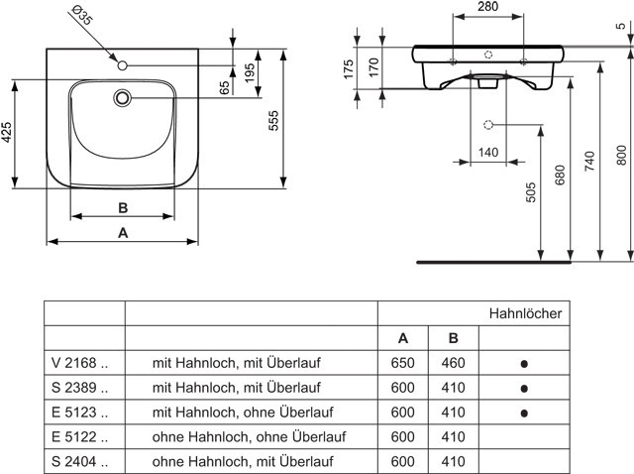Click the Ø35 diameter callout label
[81, 15]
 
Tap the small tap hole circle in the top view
[123, 65]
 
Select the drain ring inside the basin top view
[122, 98]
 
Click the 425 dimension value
[7, 132]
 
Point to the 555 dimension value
[273, 121]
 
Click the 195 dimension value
[250, 72]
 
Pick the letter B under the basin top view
[123, 208]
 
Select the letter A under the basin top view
[123, 233]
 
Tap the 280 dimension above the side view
[488, 7]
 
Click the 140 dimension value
[488, 153]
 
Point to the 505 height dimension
[531, 192]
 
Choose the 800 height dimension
[621, 156]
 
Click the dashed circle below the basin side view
[488, 125]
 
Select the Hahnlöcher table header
[525, 313]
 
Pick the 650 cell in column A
[403, 363]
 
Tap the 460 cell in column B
[454, 363]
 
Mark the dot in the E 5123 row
[524, 414]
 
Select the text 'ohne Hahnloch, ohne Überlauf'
[249, 436]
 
